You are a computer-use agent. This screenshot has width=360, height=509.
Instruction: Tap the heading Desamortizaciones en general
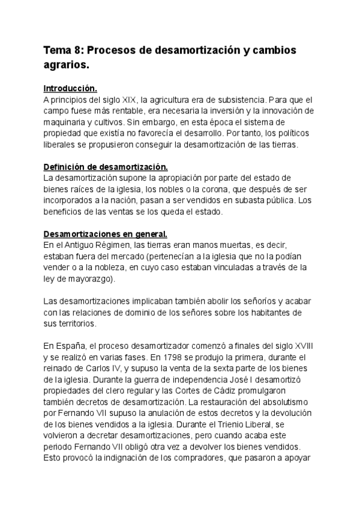pos(105,233)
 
